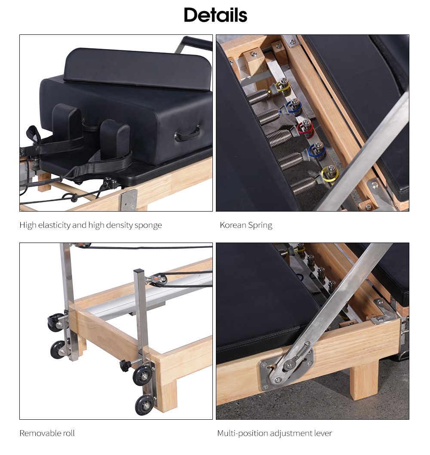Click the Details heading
pos(215,15)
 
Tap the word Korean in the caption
pos(233,225)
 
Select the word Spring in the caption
pos(260,225)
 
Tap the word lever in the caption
pos(322,433)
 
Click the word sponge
pos(148,225)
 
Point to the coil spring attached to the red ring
pos(280,138)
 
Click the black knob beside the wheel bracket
pos(125,366)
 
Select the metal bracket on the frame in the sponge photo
pos(128,200)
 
